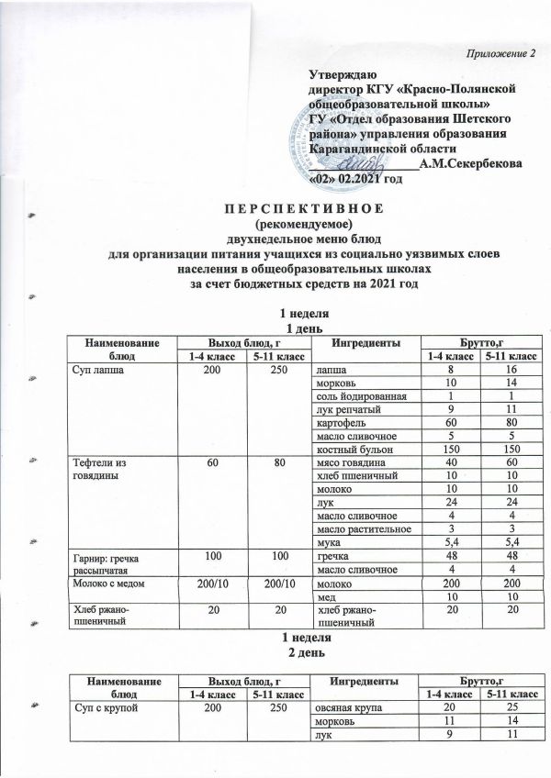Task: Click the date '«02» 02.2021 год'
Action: pos(361,179)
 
